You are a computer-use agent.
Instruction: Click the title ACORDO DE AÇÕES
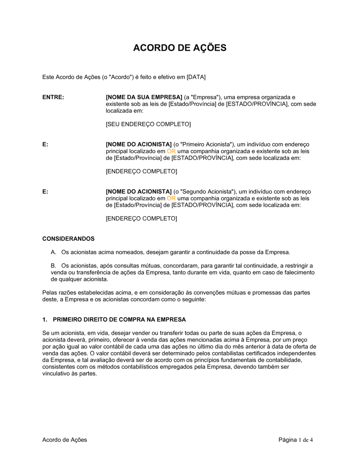tap(180, 48)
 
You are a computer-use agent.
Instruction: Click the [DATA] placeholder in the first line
tap(196, 77)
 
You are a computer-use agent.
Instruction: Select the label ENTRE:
tap(53, 97)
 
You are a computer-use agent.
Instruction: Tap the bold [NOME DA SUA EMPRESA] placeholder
tap(144, 97)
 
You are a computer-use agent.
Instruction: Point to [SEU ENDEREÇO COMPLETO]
tap(148, 124)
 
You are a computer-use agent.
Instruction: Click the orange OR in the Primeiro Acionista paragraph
tap(171, 151)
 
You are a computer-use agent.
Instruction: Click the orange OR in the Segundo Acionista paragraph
tap(171, 198)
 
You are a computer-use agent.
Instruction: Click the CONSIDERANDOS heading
tap(68, 239)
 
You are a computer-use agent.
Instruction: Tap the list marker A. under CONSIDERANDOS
tap(54, 252)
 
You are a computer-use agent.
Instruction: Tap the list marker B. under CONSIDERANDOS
tap(54, 266)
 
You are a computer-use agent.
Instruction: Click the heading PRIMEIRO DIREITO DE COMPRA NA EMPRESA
tap(119, 319)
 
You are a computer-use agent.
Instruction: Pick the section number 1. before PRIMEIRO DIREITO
tap(45, 319)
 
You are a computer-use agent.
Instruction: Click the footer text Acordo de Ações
tap(64, 440)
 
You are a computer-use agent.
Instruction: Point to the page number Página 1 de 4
tap(296, 440)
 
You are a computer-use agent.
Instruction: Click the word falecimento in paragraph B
tap(298, 272)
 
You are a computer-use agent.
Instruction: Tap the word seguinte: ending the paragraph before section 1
tap(194, 299)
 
